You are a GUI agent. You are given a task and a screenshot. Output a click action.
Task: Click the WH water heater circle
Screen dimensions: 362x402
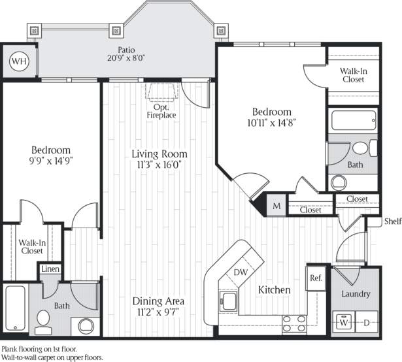click(x=20, y=61)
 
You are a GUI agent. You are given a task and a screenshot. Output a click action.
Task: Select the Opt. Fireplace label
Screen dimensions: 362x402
click(x=160, y=110)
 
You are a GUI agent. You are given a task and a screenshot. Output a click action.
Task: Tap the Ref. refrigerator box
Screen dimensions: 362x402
click(x=316, y=277)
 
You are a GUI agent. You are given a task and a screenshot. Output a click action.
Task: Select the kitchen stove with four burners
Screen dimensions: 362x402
click(x=294, y=322)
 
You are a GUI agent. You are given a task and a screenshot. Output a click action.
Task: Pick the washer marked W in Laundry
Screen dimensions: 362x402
click(x=343, y=322)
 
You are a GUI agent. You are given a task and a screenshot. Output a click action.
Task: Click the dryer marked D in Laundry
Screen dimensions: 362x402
click(x=367, y=322)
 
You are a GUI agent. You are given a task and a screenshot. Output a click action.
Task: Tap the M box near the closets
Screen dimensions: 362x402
click(x=276, y=206)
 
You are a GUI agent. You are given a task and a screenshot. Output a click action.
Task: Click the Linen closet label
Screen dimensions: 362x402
click(x=50, y=269)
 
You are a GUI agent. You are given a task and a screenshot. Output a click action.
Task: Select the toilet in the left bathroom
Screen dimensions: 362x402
click(x=43, y=320)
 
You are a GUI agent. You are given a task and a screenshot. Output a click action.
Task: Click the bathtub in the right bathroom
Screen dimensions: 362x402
click(x=354, y=120)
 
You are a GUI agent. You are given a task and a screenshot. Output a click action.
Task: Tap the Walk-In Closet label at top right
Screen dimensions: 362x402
click(x=353, y=74)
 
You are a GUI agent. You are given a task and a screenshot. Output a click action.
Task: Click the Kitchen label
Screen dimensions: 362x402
click(x=274, y=289)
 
